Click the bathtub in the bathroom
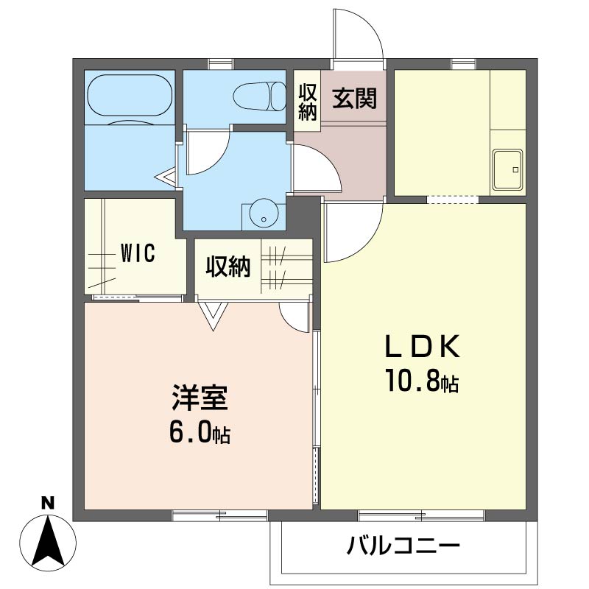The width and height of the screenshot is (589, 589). (x=130, y=96)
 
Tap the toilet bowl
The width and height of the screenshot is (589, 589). (x=260, y=96)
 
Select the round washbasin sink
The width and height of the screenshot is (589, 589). (x=264, y=213)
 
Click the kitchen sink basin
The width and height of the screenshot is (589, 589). (x=508, y=169)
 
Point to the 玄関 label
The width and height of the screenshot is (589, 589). (x=354, y=98)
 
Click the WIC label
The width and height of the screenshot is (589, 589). (x=138, y=253)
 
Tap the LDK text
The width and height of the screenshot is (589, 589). (x=422, y=346)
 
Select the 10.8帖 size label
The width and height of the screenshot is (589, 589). (x=422, y=381)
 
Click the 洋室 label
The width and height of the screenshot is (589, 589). (x=200, y=398)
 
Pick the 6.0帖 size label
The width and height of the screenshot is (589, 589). (x=200, y=433)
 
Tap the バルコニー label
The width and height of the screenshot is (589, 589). (x=403, y=545)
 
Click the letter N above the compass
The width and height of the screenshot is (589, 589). (x=47, y=503)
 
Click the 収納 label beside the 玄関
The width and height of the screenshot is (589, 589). (x=307, y=102)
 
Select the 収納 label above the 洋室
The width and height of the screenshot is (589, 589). (x=228, y=267)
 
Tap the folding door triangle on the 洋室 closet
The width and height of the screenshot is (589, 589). (x=214, y=317)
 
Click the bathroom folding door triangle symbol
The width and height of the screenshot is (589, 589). (x=166, y=177)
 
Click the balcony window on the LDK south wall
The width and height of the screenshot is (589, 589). (x=421, y=515)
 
